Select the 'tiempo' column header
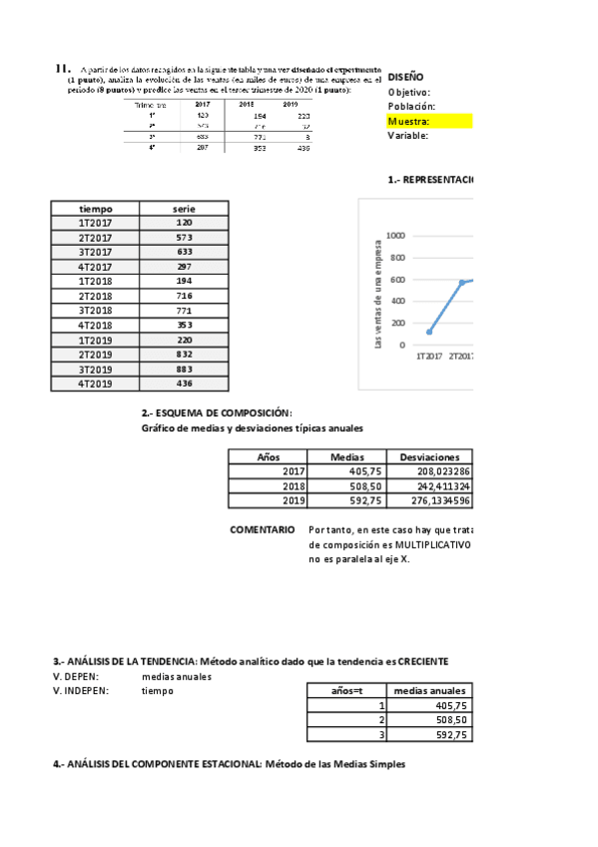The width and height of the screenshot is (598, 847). (x=96, y=208)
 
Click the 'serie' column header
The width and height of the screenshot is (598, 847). (x=184, y=208)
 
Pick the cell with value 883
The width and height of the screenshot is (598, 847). (x=184, y=369)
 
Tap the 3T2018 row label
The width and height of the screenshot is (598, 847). (x=96, y=311)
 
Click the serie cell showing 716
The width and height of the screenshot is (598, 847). (x=184, y=297)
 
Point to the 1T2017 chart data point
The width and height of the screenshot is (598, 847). (x=429, y=332)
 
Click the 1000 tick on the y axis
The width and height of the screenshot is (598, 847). (x=395, y=237)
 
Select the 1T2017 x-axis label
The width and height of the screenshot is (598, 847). (x=430, y=356)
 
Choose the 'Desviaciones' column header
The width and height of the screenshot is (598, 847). (x=431, y=455)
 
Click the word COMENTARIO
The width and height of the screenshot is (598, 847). (x=262, y=529)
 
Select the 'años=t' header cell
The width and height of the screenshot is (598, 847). (x=344, y=690)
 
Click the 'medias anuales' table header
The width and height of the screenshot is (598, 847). (x=429, y=690)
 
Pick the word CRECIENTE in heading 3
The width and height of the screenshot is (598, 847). (x=416, y=661)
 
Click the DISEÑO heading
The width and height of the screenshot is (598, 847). (x=405, y=76)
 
